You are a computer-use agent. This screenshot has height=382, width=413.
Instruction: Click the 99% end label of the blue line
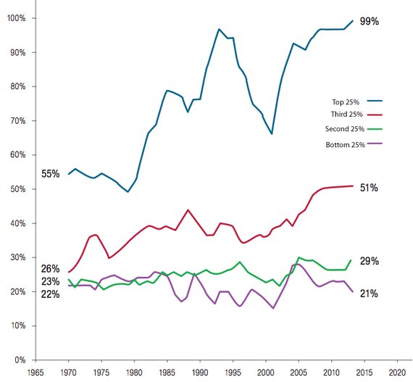pyautogui.click(x=370, y=21)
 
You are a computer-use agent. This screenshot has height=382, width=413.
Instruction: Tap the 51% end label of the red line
pyautogui.click(x=369, y=188)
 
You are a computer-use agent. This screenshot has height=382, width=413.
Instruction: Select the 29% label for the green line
pyautogui.click(x=369, y=261)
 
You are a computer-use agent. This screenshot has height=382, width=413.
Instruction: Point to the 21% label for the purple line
pyautogui.click(x=369, y=294)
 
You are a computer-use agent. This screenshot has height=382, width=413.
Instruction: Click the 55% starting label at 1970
pyautogui.click(x=51, y=174)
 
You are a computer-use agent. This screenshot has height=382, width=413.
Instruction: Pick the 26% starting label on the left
pyautogui.click(x=51, y=269)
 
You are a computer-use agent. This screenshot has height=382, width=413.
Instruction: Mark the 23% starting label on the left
pyautogui.click(x=51, y=281)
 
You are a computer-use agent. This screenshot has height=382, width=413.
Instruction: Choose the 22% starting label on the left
pyautogui.click(x=51, y=294)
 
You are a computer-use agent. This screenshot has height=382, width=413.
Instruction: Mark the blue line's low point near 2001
pyautogui.click(x=272, y=134)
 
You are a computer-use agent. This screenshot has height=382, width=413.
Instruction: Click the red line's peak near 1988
pyautogui.click(x=188, y=209)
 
